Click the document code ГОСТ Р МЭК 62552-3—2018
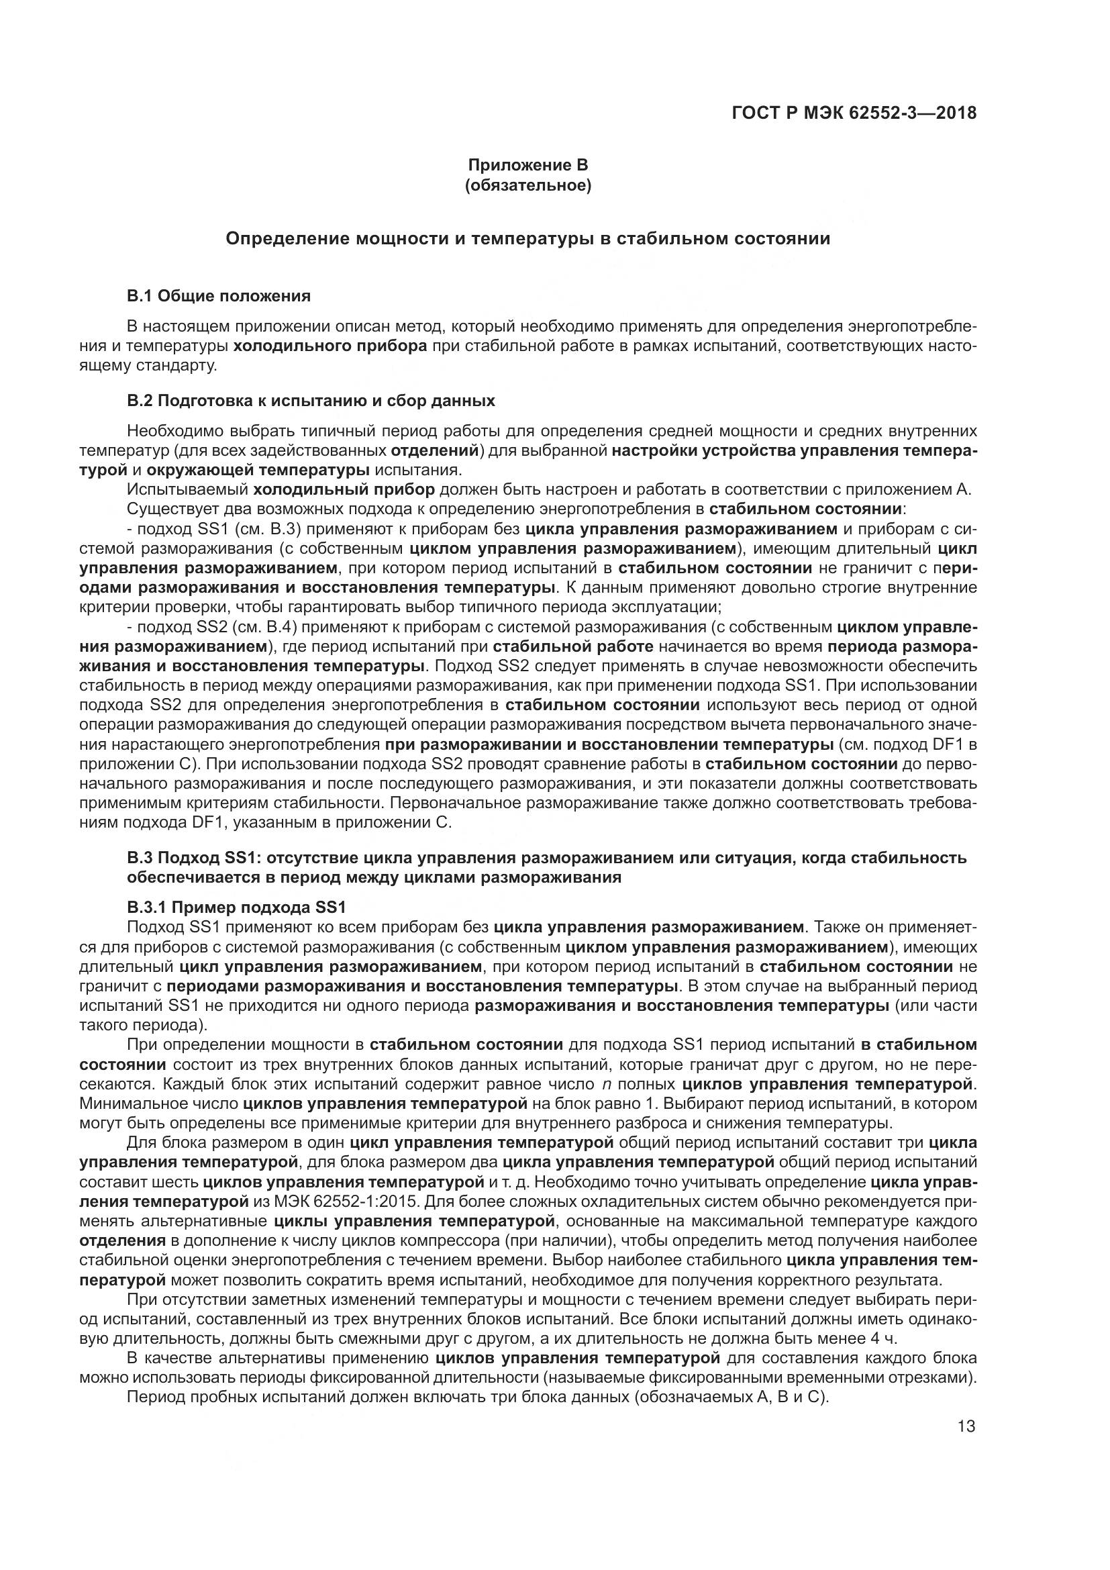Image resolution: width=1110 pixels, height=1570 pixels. click(854, 113)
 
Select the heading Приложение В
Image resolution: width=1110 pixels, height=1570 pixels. click(527, 165)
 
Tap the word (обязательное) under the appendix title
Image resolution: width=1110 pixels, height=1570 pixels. click(527, 185)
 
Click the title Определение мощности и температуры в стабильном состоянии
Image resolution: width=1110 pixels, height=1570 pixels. click(527, 239)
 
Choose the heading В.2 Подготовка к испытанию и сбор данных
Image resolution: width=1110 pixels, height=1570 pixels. click(311, 401)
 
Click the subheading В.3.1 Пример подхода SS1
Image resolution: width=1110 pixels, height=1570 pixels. click(236, 907)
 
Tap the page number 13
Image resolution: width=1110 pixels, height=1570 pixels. click(966, 1426)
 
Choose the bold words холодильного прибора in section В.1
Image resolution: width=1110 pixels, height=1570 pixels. click(330, 346)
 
